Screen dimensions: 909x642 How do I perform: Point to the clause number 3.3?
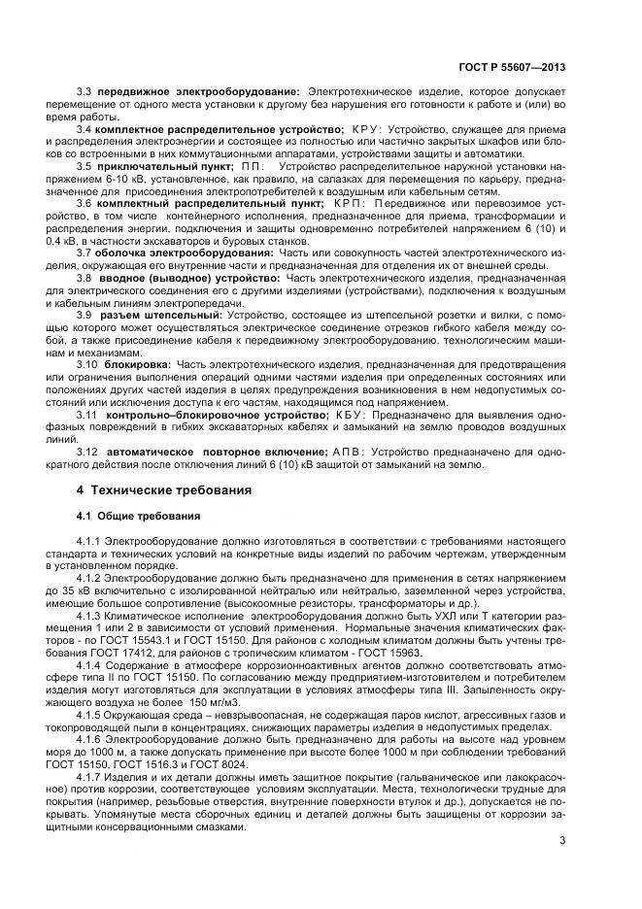tap(84, 91)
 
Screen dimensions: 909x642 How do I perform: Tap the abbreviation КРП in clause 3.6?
tap(349, 204)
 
